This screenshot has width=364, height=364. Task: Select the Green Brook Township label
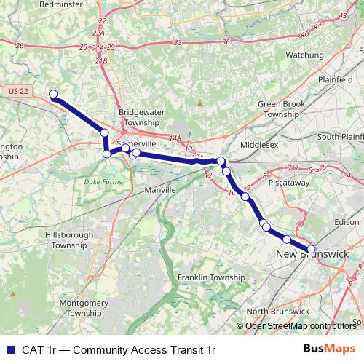(282, 109)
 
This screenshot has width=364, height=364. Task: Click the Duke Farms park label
(100, 181)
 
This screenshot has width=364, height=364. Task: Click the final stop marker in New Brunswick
(312, 249)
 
